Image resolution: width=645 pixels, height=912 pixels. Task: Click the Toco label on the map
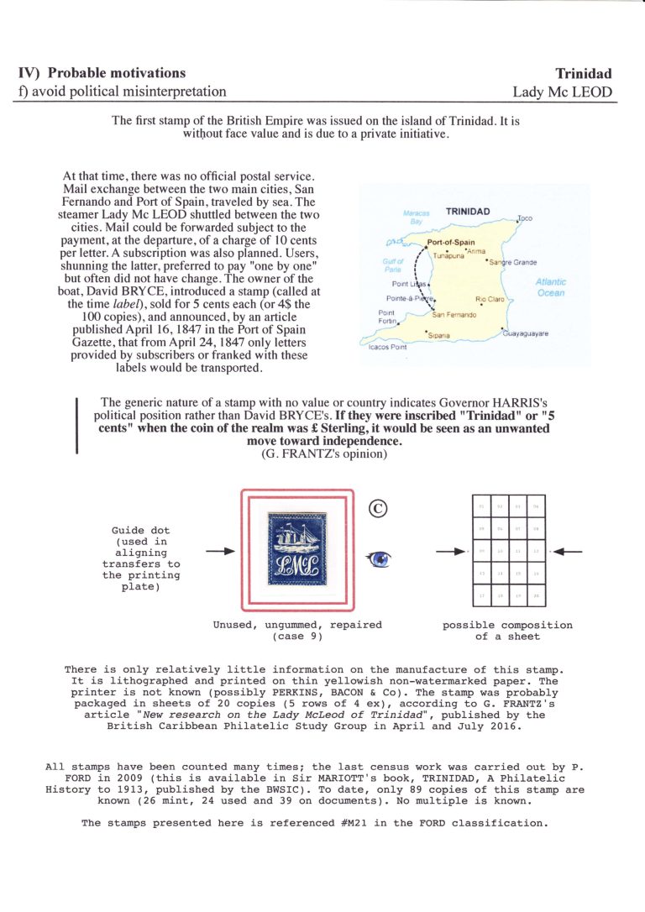[x=525, y=218]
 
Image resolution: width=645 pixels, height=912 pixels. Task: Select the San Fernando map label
[x=454, y=315]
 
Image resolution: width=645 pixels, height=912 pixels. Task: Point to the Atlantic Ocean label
[x=550, y=288]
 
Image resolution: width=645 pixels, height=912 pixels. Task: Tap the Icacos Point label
[x=387, y=347]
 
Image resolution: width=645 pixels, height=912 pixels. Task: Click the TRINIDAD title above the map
[x=473, y=212]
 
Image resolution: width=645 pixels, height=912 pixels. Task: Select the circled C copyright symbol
[x=376, y=507]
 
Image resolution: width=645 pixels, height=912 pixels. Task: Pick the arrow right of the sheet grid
[x=569, y=552]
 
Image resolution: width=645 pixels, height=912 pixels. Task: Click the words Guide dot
[x=140, y=531]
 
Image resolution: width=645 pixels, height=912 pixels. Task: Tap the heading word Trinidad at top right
[x=584, y=74]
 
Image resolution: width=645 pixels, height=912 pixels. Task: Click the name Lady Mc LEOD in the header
[x=563, y=92]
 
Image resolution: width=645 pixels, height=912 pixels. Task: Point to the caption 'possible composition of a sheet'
[x=507, y=631]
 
